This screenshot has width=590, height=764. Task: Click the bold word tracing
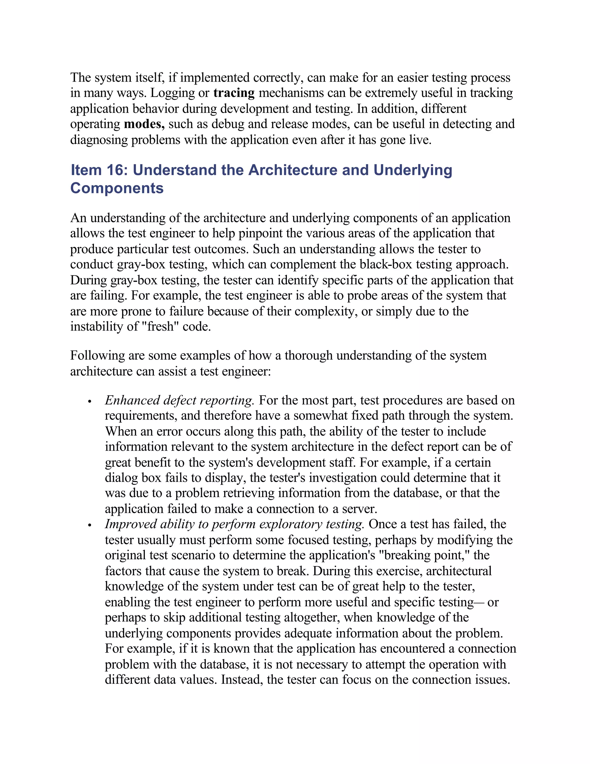(234, 93)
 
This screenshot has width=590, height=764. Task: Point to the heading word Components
(117, 189)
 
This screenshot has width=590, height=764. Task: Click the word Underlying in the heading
(413, 170)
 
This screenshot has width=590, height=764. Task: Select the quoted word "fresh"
(160, 327)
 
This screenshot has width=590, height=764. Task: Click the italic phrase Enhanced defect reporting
(179, 400)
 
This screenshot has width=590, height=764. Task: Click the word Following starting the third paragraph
(97, 356)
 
